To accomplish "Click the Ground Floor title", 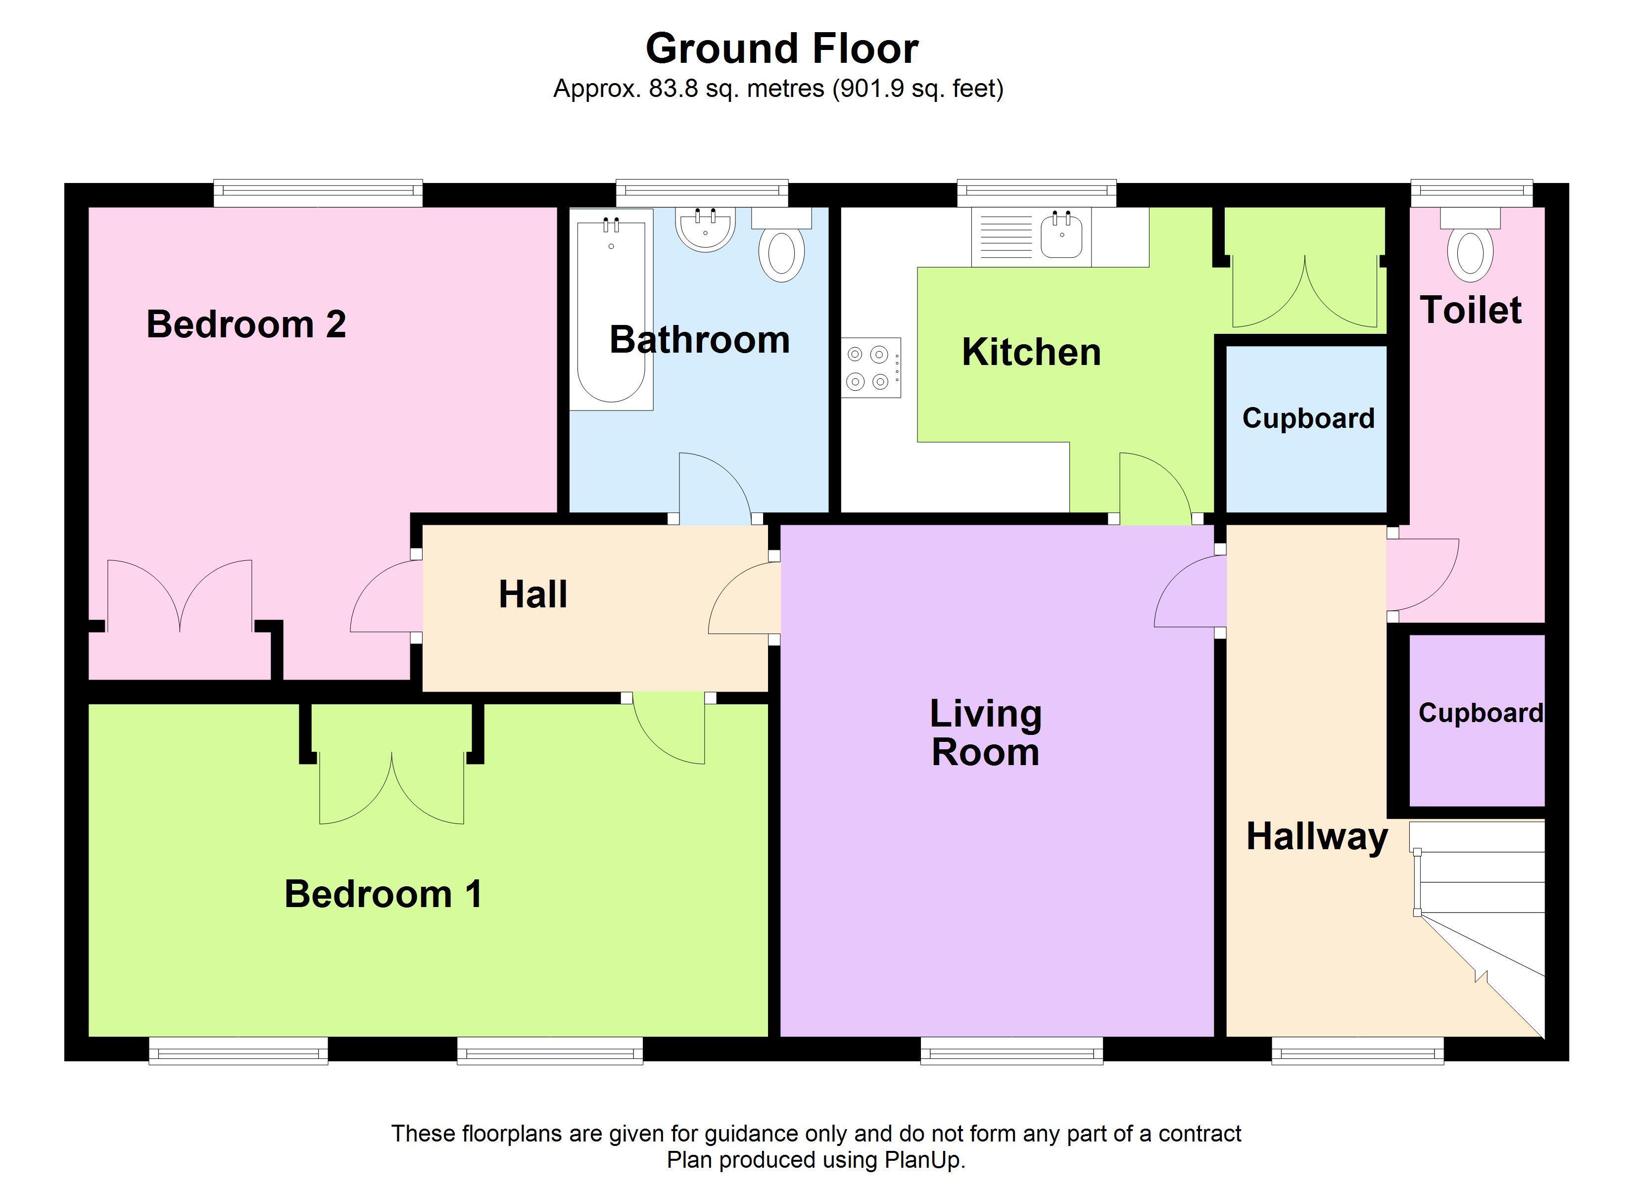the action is point(781,48).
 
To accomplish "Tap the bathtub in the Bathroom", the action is point(611,310).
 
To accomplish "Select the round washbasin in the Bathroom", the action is point(706,229).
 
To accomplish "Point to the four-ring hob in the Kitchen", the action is point(870,368).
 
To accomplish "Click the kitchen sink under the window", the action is point(1061,234).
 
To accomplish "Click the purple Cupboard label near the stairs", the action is point(1481,713).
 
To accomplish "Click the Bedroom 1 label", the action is point(383,894).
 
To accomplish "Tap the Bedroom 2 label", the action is point(246,324).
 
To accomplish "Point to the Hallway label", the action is point(1317,837).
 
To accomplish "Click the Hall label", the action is point(533,594).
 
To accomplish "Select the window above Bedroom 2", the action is point(318,190).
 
